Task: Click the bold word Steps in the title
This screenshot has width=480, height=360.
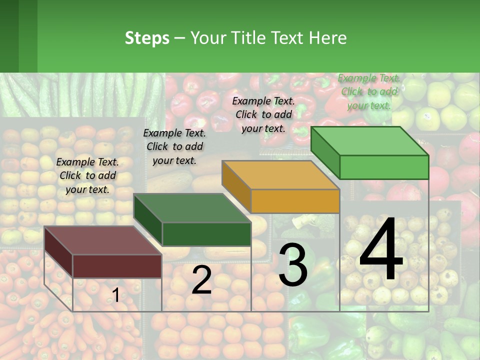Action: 147,38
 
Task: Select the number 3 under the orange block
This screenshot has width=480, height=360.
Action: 293,265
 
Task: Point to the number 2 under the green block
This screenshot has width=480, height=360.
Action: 202,280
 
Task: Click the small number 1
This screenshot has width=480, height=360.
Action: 115,295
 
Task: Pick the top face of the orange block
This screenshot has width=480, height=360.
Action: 280,175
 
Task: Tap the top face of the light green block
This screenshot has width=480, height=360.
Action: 369,141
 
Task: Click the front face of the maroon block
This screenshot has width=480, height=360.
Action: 117,266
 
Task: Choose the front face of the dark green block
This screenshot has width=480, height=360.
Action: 206,234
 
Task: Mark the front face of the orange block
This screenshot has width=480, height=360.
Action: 295,201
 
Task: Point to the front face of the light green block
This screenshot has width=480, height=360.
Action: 384,167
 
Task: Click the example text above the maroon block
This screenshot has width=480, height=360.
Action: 87,175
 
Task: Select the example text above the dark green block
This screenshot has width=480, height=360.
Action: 174,146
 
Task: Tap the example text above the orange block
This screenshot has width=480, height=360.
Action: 263,114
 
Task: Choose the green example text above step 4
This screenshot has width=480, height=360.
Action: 369,91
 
